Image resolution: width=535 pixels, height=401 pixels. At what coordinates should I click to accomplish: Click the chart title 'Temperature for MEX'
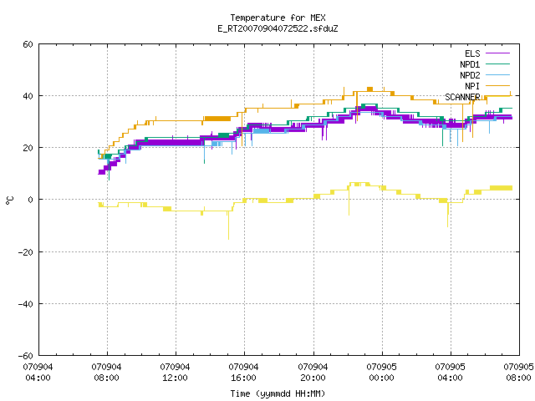coord(278,18)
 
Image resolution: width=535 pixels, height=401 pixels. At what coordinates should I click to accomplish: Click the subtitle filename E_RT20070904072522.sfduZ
coord(278,28)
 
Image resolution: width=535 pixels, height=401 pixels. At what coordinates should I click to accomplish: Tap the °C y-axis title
coord(9,200)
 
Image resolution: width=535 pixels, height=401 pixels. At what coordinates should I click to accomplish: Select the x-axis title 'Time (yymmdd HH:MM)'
coord(278,393)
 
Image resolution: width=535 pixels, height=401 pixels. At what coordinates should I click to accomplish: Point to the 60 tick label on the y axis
coord(28,44)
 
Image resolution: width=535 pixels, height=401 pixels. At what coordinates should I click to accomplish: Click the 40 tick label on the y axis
coord(28,96)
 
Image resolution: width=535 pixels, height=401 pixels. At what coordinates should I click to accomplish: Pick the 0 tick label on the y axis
coord(31,200)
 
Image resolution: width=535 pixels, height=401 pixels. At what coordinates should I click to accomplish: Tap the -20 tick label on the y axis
coord(26,252)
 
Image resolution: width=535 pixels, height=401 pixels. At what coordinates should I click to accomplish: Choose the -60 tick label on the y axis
coord(26,356)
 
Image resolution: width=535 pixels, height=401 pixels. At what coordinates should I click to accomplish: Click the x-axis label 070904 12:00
coord(175,373)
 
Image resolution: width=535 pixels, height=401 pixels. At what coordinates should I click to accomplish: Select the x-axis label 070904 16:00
coord(243,373)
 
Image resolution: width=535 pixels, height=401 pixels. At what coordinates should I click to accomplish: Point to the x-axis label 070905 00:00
coord(381,373)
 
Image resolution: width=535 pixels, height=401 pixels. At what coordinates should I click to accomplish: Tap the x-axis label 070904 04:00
coord(38,373)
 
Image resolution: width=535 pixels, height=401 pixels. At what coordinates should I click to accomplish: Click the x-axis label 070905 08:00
coord(518,373)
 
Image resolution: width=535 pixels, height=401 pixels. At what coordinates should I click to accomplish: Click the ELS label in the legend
coord(472,53)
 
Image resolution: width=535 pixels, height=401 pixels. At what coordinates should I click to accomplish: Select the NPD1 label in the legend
coord(470,64)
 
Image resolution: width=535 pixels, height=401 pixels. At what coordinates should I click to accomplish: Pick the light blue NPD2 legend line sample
coord(498,75)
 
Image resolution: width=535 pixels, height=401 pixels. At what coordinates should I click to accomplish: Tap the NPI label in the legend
coord(472,86)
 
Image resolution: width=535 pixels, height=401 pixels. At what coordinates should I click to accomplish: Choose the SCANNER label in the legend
coord(462,97)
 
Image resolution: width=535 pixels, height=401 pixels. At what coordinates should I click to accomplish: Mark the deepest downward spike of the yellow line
coord(228,239)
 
